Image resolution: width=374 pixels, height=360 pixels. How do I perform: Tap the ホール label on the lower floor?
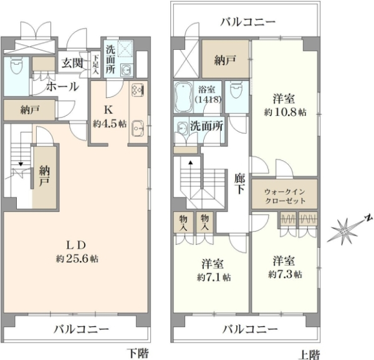62,86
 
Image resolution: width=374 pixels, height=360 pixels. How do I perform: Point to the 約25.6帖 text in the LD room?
77,258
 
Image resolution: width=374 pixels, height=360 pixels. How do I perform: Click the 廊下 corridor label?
239,183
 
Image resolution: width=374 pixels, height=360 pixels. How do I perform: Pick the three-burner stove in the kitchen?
137,91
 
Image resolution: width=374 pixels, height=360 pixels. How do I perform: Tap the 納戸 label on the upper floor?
226,62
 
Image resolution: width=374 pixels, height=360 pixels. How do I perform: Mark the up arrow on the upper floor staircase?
190,164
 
